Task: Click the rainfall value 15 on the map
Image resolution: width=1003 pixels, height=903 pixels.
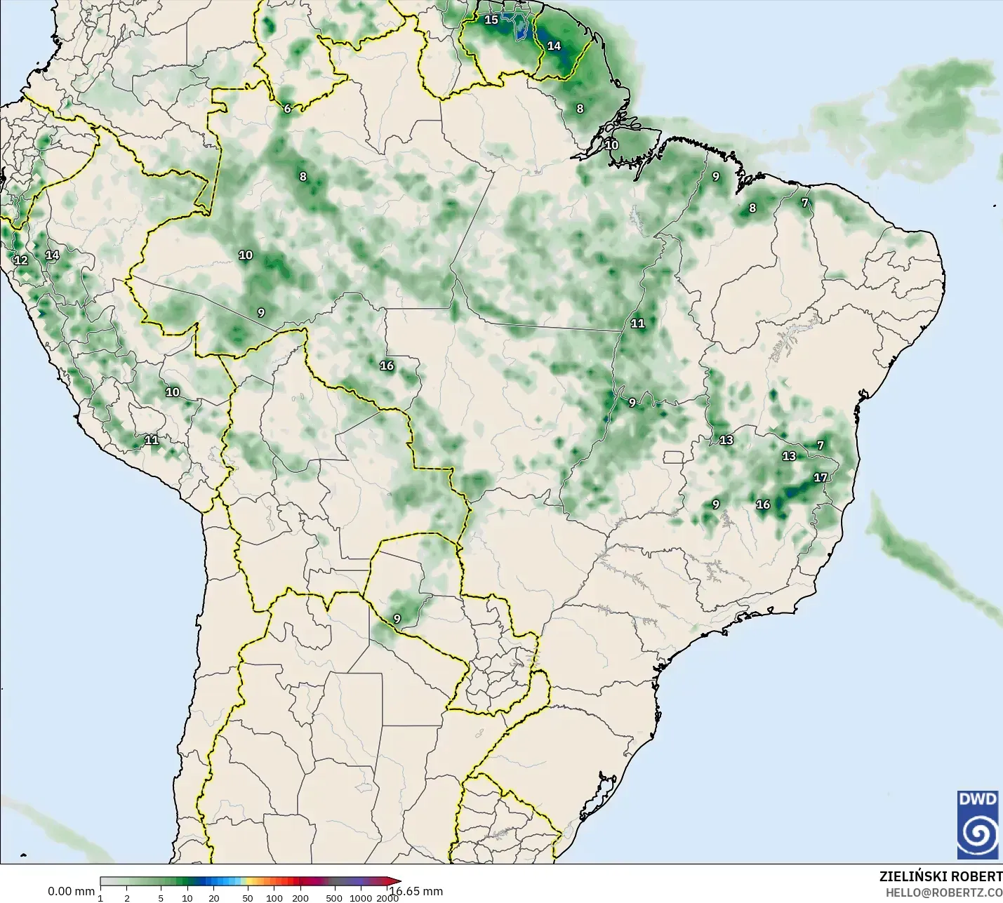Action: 491,20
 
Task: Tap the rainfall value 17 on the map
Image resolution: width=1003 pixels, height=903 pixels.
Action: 821,478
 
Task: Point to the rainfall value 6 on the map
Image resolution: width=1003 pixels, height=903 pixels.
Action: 287,109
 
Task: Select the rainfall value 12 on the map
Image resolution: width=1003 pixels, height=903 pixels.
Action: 21,260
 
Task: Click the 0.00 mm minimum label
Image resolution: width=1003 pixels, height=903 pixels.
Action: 71,891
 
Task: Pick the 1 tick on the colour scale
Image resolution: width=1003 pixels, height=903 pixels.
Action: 100,898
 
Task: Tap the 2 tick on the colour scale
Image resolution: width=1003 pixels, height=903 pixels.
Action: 127,898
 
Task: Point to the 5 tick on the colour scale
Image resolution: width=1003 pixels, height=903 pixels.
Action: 161,898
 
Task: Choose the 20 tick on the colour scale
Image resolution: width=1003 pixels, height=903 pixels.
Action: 214,898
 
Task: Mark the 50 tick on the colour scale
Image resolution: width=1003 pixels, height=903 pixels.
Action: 248,898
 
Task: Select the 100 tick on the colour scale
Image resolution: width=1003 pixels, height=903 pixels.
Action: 274,898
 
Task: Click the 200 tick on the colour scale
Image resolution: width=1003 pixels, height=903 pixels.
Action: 301,898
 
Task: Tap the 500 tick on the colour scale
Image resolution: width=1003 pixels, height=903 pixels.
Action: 335,898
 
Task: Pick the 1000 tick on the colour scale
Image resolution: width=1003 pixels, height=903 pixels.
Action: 361,898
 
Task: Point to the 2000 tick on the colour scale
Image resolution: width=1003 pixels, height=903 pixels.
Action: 387,898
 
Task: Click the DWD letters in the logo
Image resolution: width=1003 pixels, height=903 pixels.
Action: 977,800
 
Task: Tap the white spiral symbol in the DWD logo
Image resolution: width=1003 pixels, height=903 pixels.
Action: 977,834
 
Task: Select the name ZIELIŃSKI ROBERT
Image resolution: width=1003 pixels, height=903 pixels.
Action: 941,876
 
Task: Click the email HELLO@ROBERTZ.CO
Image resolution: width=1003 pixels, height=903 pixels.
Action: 943,892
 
